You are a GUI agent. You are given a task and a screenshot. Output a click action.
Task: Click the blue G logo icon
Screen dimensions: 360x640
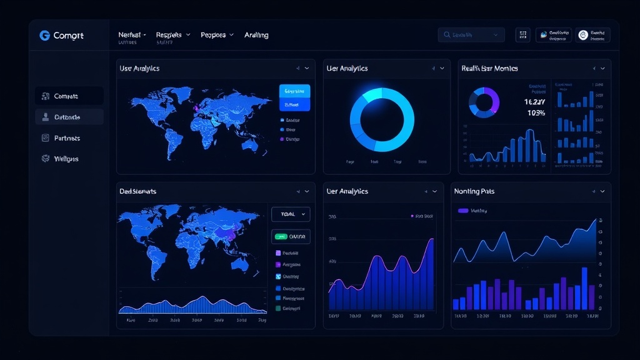click(x=44, y=36)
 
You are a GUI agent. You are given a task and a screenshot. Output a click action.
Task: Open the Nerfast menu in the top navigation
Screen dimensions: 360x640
click(x=131, y=35)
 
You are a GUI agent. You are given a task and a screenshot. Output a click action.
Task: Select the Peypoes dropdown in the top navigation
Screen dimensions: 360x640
click(x=217, y=35)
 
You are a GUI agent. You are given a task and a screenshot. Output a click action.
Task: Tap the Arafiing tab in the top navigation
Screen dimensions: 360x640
click(x=256, y=35)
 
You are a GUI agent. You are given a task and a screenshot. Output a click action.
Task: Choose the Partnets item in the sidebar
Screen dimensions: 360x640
click(x=67, y=138)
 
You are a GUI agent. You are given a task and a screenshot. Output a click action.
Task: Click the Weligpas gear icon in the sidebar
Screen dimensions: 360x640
click(x=45, y=159)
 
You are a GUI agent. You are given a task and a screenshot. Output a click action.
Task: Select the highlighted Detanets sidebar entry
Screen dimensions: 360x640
click(x=69, y=117)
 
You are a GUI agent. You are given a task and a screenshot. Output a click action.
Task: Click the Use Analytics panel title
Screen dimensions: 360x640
click(x=139, y=68)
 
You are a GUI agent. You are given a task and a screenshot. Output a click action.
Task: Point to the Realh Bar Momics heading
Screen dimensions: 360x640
click(x=489, y=68)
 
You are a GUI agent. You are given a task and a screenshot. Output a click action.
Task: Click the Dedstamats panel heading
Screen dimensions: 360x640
click(x=137, y=191)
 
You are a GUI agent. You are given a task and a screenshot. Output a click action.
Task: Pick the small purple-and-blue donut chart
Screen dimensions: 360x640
click(x=483, y=102)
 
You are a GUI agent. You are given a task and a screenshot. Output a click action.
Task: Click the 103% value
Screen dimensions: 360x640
click(x=536, y=113)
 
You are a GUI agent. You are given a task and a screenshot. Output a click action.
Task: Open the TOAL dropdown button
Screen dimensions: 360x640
click(x=291, y=214)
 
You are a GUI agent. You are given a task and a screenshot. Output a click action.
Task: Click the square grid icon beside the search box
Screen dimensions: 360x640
click(x=522, y=35)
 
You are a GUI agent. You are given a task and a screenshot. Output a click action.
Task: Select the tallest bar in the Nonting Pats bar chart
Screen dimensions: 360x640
click(x=584, y=288)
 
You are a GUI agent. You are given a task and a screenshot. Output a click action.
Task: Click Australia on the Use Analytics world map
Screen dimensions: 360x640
click(x=251, y=144)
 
